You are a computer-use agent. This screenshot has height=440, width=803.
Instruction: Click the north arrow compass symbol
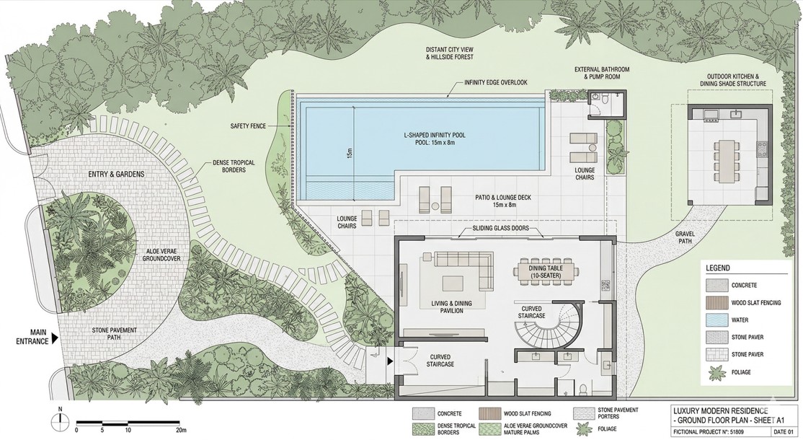61,418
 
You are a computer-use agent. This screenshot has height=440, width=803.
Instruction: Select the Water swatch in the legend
716,320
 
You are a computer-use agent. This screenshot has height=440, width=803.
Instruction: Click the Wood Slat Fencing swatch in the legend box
716,302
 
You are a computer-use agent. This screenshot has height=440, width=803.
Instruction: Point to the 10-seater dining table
546,271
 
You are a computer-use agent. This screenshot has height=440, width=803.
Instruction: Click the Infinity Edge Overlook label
495,82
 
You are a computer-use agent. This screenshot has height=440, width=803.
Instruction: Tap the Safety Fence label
248,126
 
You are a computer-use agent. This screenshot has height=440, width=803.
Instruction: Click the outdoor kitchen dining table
726,157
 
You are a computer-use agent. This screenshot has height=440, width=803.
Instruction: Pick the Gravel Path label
686,237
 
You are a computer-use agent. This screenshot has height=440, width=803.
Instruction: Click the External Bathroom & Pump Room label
602,73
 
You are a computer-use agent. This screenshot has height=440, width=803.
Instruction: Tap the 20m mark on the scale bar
182,430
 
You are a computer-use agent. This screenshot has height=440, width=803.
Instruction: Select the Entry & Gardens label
116,174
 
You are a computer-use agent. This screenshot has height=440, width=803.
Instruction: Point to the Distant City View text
449,50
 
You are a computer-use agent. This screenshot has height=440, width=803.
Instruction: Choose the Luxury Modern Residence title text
721,410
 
